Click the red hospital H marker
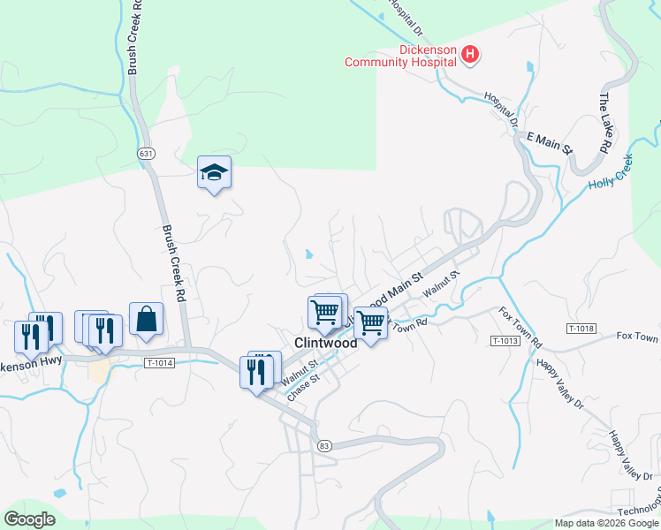click(470, 56)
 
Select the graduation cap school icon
click(213, 173)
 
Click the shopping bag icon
click(146, 320)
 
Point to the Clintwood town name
click(325, 343)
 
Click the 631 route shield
click(146, 154)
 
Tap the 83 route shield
click(325, 445)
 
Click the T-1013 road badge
click(505, 341)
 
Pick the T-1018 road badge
click(581, 329)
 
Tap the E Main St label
click(550, 142)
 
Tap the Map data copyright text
click(605, 523)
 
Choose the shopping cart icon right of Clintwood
click(370, 323)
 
